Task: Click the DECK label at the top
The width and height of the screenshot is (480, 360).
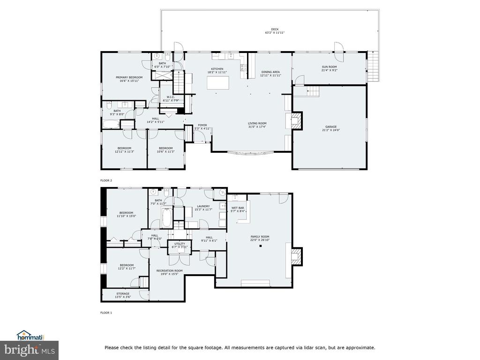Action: tap(275, 29)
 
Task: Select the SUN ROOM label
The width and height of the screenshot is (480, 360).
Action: tap(329, 67)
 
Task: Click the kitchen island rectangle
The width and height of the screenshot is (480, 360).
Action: tap(218, 83)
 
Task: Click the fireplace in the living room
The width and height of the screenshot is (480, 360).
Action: tap(296, 121)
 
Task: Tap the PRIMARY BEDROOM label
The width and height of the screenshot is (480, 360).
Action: tap(129, 77)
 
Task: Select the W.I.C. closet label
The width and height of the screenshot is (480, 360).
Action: tap(171, 97)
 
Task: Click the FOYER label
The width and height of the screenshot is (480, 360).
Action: tap(202, 125)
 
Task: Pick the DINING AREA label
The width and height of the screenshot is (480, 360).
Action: tap(270, 72)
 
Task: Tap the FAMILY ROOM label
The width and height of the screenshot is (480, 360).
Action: tap(260, 236)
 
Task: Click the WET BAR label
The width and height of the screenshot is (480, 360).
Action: tap(238, 208)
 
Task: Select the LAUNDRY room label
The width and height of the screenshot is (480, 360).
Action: tap(203, 206)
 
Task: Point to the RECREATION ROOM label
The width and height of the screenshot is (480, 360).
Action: tap(169, 270)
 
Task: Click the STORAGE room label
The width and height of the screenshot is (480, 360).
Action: tap(123, 294)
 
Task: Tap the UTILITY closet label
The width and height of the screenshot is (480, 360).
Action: tap(180, 244)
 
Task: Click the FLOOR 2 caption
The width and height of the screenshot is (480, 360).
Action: tap(106, 180)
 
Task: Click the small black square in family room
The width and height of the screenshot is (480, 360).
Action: tap(260, 246)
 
